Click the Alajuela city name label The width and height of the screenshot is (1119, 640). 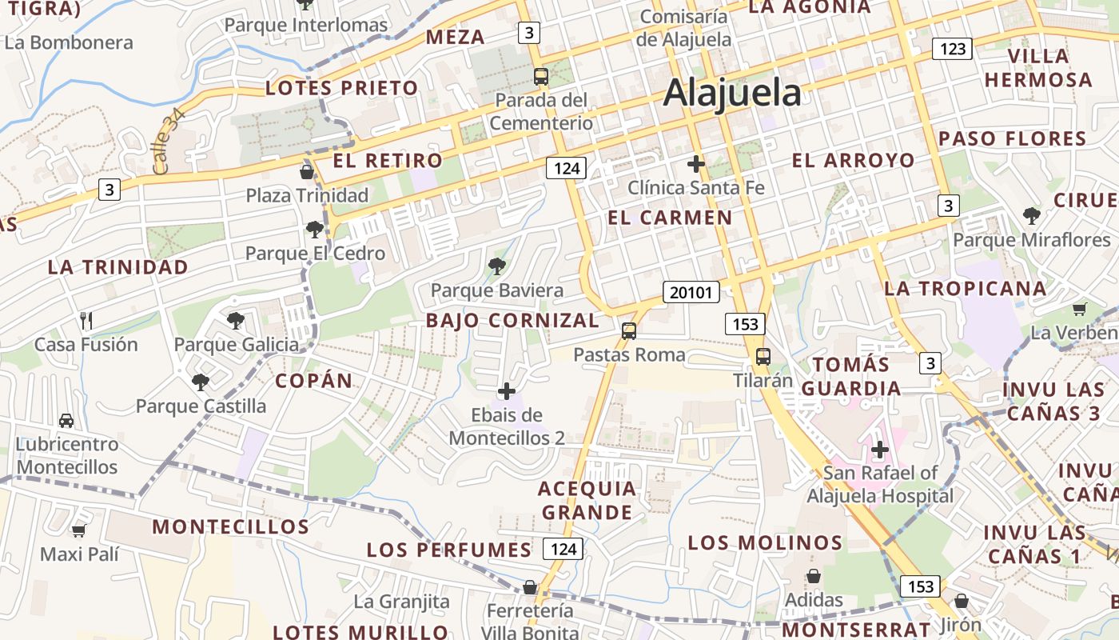click(x=732, y=93)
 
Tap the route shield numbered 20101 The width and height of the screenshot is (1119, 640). click(x=691, y=292)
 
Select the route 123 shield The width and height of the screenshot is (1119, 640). click(x=952, y=49)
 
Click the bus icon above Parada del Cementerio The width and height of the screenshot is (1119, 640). click(x=541, y=77)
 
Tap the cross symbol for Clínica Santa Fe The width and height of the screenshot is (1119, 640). click(x=696, y=164)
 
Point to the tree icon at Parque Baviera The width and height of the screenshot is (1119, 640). click(x=496, y=266)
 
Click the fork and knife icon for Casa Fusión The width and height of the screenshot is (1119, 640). click(x=86, y=321)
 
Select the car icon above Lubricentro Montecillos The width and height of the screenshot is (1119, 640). click(x=66, y=420)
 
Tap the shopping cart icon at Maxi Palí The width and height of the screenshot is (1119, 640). click(x=78, y=530)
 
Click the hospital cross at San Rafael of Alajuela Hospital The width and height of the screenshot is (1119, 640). click(x=880, y=450)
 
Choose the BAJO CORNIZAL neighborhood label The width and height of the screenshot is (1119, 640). click(x=512, y=321)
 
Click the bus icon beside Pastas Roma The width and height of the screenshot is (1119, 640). click(x=629, y=330)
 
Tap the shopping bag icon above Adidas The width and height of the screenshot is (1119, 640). click(x=814, y=576)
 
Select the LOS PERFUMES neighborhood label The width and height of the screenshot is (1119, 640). click(x=449, y=550)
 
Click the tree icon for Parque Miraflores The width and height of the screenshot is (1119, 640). click(x=1031, y=215)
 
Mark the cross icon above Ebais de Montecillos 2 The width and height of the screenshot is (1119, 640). click(x=507, y=391)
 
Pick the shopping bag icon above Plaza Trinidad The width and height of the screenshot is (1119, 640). click(x=306, y=172)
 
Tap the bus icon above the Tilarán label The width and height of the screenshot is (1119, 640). click(x=763, y=357)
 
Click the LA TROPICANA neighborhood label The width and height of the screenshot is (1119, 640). click(x=966, y=289)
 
